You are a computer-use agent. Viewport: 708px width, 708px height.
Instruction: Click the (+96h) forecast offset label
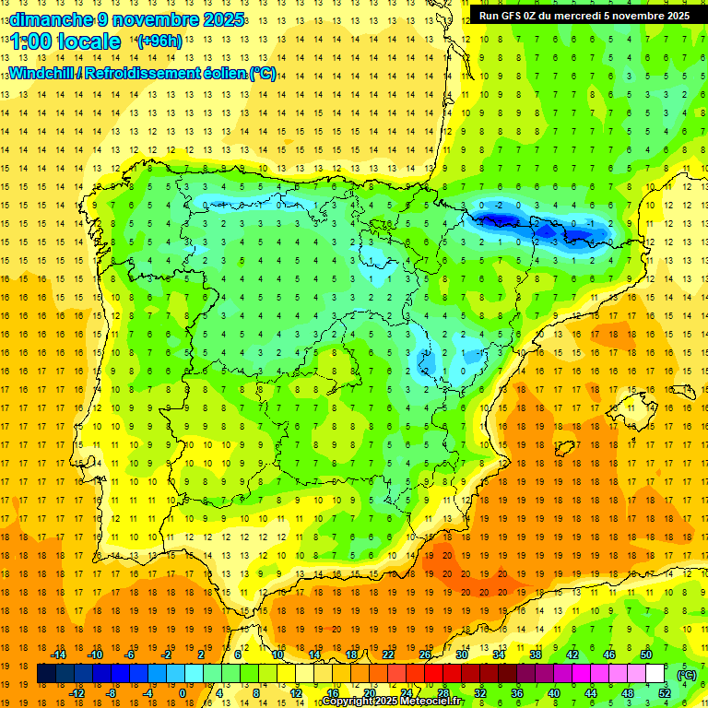click(159, 41)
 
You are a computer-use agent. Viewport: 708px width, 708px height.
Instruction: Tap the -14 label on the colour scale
click(59, 655)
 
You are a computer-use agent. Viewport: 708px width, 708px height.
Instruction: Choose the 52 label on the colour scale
click(664, 693)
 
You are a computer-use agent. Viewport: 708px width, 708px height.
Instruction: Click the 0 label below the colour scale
click(182, 693)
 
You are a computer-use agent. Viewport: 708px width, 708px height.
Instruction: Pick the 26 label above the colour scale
click(425, 655)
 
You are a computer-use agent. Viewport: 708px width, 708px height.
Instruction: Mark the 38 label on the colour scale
click(535, 655)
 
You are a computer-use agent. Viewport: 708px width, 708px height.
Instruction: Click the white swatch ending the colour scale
click(655, 674)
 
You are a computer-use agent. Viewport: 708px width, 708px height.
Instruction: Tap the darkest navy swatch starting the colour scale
click(47, 674)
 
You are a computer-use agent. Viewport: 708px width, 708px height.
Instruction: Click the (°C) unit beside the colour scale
click(685, 674)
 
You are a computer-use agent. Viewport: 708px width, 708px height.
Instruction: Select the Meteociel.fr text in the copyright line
click(428, 702)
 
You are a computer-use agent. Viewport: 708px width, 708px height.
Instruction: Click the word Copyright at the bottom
click(348, 702)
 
